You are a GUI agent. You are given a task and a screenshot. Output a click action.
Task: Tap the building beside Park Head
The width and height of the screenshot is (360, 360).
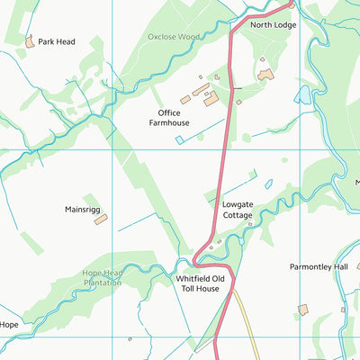(x=30, y=40)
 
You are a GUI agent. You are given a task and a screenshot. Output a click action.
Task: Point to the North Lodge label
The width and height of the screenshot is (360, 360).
(x=273, y=25)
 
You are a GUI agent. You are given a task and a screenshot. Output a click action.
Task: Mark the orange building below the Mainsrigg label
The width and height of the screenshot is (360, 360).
(x=100, y=220)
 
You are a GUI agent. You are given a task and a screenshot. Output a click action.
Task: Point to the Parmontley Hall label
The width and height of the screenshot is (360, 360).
(x=318, y=267)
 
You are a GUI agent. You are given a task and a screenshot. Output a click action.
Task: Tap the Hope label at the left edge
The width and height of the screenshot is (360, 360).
(x=9, y=324)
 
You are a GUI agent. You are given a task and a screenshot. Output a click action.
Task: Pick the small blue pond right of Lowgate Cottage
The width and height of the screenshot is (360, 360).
(x=268, y=185)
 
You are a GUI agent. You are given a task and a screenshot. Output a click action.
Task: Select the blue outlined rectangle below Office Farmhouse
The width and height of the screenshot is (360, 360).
(x=181, y=139)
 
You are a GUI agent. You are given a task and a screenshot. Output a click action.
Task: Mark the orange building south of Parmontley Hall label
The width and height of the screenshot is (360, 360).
(x=303, y=310)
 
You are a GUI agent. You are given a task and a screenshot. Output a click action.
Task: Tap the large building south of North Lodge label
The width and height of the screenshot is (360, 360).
(x=265, y=75)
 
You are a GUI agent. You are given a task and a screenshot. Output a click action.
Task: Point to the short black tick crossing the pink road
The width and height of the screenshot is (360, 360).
(x=235, y=88)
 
